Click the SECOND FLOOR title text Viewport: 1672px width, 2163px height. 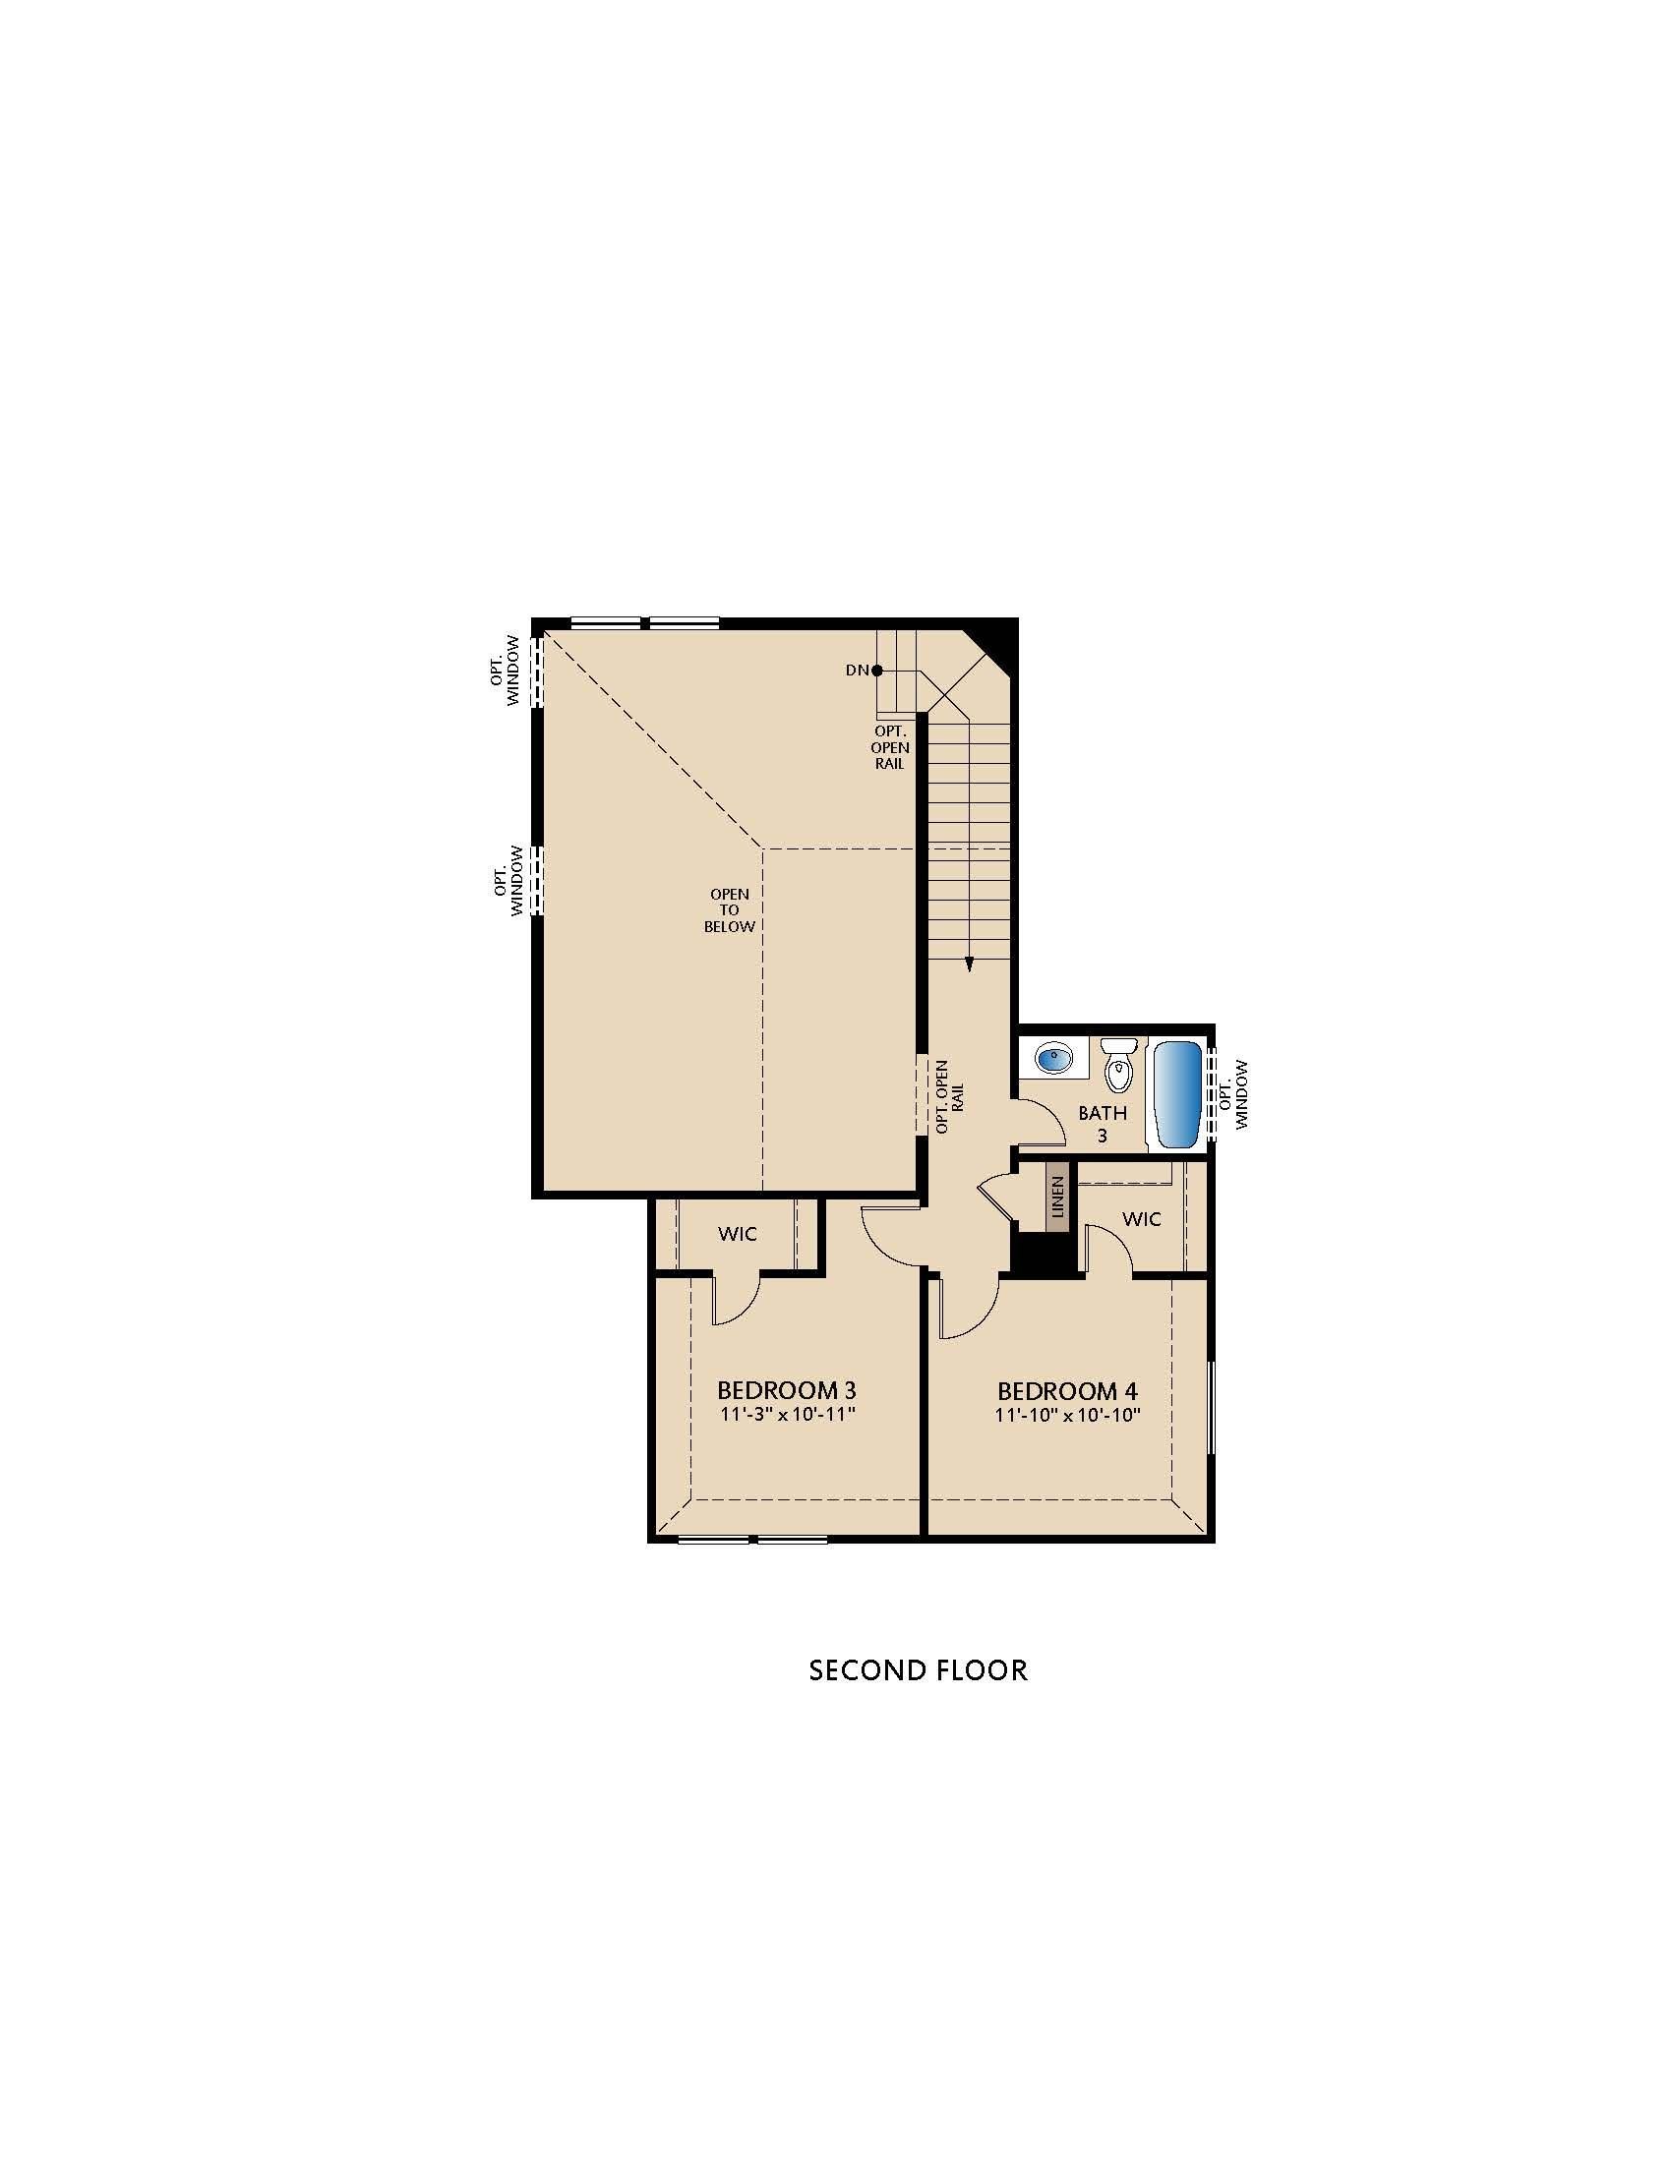(x=918, y=1670)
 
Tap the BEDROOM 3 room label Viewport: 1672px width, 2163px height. (x=787, y=1390)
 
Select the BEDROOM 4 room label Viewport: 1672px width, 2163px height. (x=1068, y=1391)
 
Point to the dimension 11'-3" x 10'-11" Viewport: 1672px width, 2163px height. (x=787, y=1414)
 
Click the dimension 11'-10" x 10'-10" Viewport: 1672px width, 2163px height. (x=1068, y=1415)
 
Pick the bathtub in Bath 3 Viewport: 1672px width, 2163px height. (x=1177, y=1094)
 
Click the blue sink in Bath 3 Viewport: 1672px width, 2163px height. (x=1053, y=1059)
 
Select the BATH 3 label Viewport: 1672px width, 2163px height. (x=1103, y=1124)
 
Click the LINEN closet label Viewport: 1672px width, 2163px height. (x=1057, y=1197)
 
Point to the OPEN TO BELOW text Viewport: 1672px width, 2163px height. (x=729, y=910)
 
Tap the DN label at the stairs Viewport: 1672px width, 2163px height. (x=857, y=671)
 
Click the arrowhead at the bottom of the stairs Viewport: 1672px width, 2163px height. (x=970, y=964)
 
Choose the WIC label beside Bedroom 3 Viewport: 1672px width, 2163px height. (x=737, y=1234)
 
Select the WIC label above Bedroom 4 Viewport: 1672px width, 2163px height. (x=1141, y=1219)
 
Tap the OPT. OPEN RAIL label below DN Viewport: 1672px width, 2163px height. (x=889, y=748)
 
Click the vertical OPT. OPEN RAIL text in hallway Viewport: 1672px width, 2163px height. (x=949, y=1096)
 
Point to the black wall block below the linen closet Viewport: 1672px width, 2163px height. (x=1042, y=1255)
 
